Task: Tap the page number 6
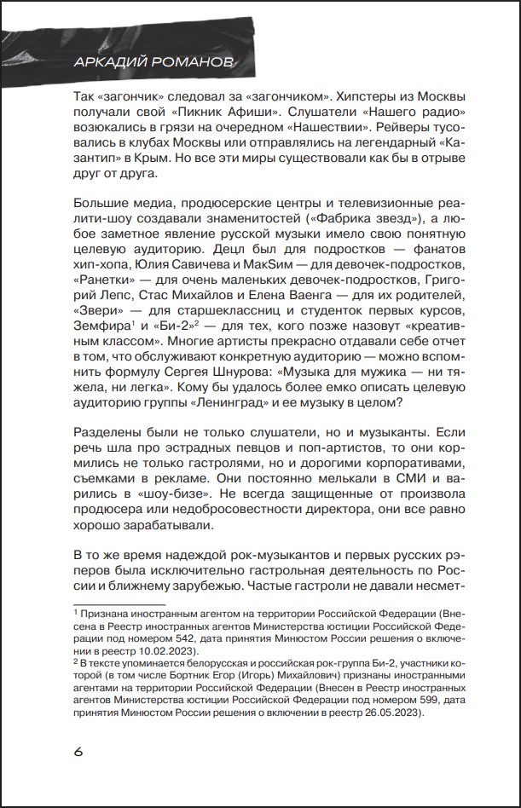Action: (78, 751)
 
